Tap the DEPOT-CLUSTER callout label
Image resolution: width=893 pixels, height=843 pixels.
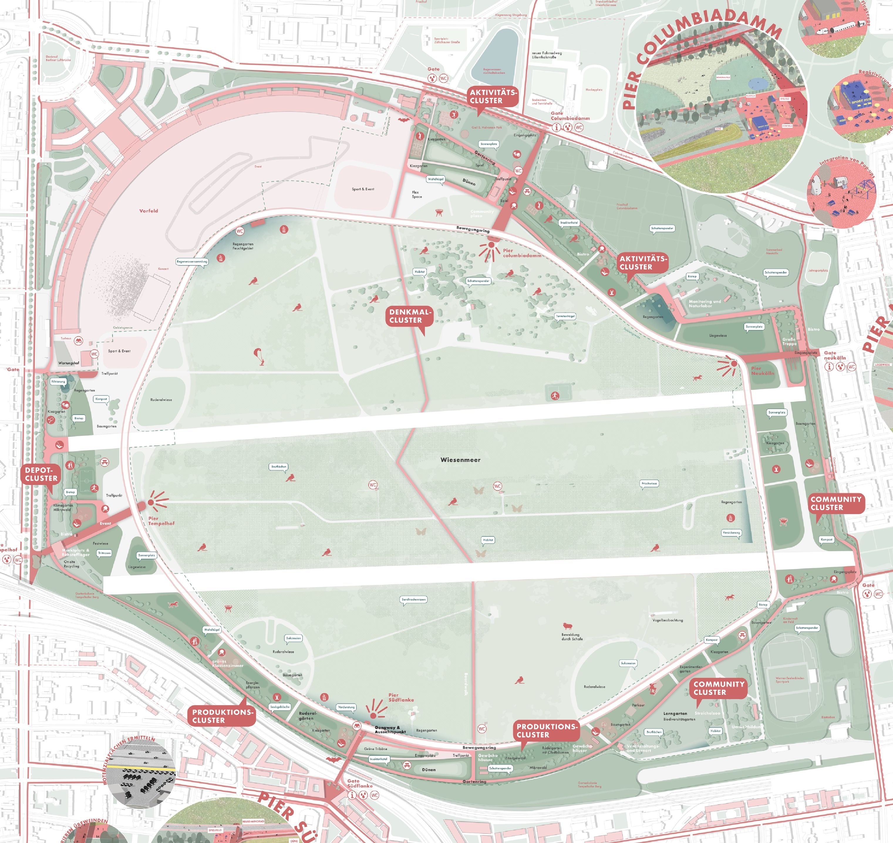[41, 474]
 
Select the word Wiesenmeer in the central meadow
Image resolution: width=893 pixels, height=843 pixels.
[460, 460]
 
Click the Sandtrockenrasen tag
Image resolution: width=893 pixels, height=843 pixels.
[413, 599]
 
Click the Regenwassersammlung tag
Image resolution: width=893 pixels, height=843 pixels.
[192, 262]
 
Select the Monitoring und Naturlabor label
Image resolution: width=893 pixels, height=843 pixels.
[704, 303]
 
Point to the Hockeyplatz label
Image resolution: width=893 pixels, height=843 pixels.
[594, 90]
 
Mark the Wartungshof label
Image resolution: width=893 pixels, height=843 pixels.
[69, 363]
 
